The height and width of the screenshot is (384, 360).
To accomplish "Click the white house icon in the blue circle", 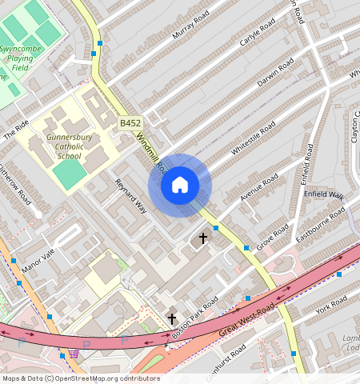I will pyautogui.click(x=180, y=186).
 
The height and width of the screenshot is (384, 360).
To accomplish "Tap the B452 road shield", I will pyautogui.click(x=130, y=123).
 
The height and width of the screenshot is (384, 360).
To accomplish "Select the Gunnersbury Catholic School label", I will pyautogui.click(x=70, y=146).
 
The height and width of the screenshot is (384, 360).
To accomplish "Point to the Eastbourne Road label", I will pyautogui.click(x=320, y=224).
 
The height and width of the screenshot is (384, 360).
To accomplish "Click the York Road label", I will pyautogui.click(x=330, y=304).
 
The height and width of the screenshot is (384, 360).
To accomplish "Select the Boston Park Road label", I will pyautogui.click(x=194, y=318).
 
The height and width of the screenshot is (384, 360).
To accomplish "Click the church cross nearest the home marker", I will pyautogui.click(x=203, y=238).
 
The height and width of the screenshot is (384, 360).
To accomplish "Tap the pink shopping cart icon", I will pyautogui.click(x=74, y=353).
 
